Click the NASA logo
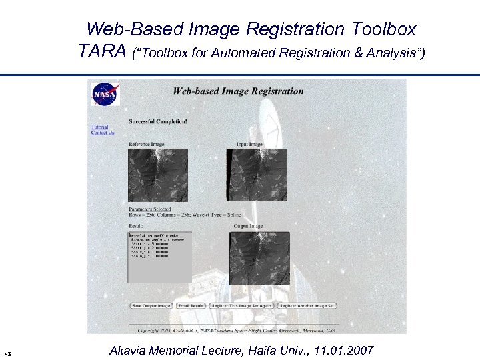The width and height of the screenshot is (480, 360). point(105,94)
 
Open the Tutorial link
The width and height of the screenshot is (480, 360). point(99,127)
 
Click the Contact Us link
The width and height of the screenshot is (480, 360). point(103,133)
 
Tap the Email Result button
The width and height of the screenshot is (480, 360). point(191,305)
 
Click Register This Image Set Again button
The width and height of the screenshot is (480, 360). point(240,305)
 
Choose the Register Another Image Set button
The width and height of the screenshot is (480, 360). point(307,305)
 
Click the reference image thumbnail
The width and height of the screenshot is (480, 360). point(158,175)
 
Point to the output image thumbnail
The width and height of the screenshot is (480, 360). point(260,259)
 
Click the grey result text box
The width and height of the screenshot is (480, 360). point(159,257)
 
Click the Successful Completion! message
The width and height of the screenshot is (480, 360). point(158,121)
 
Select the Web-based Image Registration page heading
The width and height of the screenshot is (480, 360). point(238,91)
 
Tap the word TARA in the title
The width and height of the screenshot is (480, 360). point(103,51)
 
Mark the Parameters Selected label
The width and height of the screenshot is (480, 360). point(150,209)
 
